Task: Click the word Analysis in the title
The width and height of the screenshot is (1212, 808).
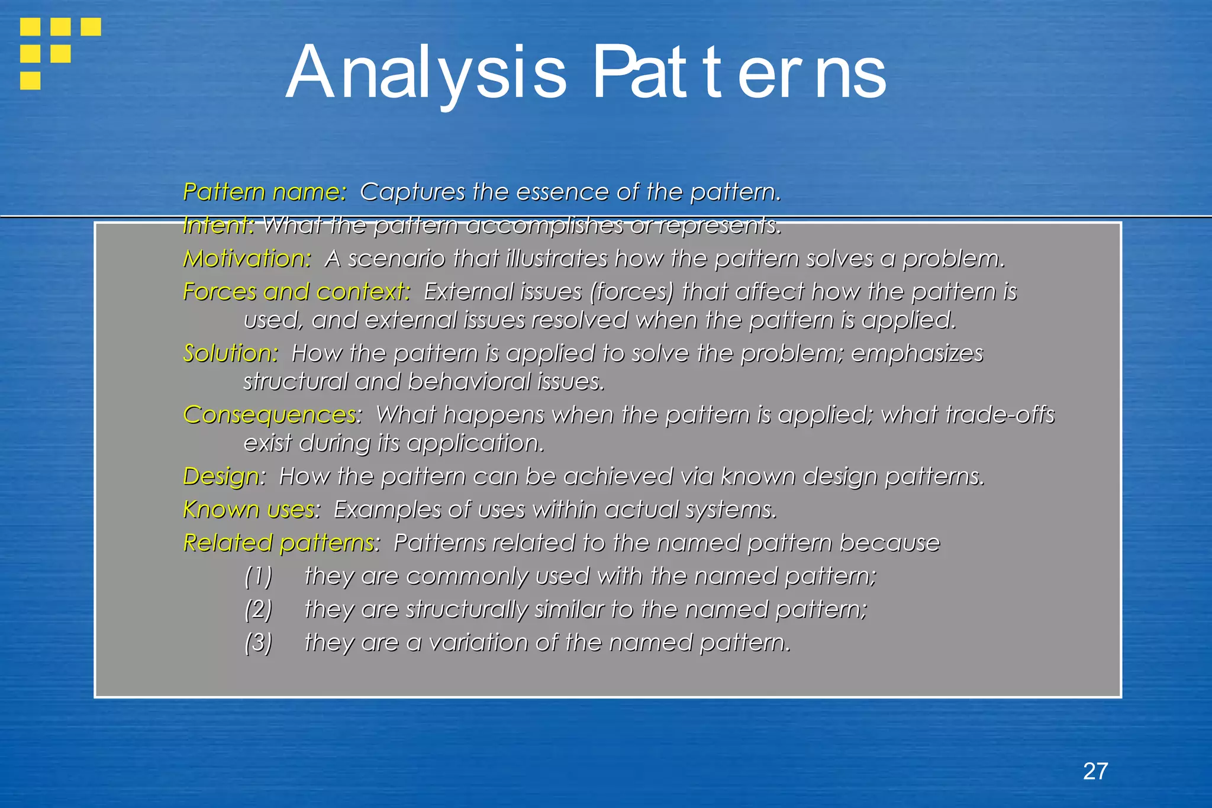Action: coord(426,73)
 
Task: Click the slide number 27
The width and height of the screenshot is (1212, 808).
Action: coord(1095,771)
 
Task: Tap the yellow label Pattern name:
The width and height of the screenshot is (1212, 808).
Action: coord(265,192)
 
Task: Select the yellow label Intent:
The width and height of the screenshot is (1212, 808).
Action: coord(218,225)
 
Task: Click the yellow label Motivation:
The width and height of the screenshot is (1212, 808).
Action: coord(247,259)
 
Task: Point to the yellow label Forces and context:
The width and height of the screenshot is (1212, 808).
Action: coord(296,292)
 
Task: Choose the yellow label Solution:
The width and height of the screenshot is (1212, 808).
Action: coord(230,353)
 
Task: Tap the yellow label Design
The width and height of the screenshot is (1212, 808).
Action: coord(221,477)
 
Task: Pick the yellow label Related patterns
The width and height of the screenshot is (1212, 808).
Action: coord(279,543)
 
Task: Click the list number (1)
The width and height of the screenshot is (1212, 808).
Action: coord(259,576)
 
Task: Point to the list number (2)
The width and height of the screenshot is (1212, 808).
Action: coord(259,609)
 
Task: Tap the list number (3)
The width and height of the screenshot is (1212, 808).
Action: coord(259,642)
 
